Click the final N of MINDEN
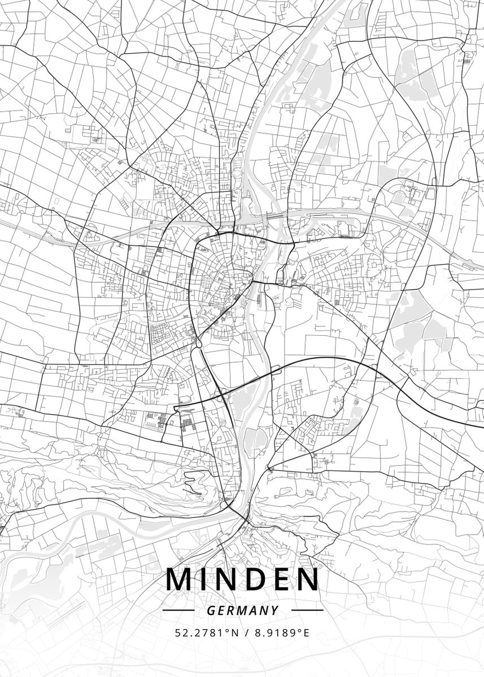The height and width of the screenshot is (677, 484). [308, 580]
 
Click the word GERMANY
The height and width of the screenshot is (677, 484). [242, 610]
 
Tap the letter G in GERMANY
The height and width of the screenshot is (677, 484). [211, 610]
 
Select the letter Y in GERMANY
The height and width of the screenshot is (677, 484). [275, 610]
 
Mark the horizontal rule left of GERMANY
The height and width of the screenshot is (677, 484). [178, 610]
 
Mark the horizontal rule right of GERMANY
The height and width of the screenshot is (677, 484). [307, 610]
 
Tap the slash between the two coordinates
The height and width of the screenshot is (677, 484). [246, 632]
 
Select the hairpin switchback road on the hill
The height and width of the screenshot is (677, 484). [198, 493]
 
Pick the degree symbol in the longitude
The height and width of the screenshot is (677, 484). [298, 630]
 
